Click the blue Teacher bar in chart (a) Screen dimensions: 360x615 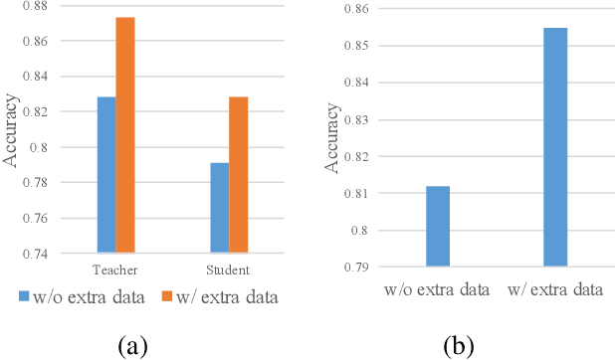coord(106,175)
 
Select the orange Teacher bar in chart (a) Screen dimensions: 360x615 coord(124,135)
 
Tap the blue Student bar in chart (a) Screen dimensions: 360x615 coord(219,208)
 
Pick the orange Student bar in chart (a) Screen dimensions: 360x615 coord(238,175)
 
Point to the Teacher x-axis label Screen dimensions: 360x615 coord(115,270)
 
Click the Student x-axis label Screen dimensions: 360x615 coord(229,270)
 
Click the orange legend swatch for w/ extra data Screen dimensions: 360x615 coord(166,296)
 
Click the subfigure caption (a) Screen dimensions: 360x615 coord(134,346)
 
